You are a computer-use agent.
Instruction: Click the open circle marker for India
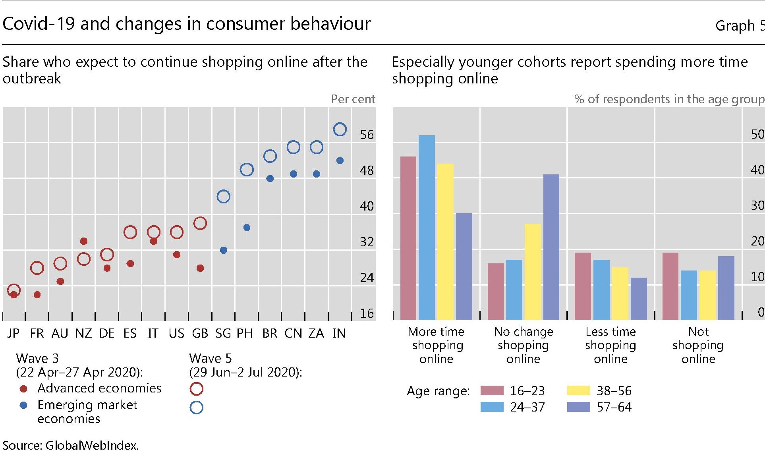340,129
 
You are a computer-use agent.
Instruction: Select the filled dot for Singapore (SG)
224,250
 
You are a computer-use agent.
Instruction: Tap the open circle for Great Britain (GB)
200,223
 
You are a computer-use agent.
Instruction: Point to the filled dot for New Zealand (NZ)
84,241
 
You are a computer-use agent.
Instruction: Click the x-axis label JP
14,333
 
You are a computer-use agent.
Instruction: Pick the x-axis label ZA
316,333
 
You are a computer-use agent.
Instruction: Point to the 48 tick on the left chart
367,170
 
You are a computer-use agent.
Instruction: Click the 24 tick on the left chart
367,278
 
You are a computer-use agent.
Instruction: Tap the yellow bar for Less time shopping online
620,293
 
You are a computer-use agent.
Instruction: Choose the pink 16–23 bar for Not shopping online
670,286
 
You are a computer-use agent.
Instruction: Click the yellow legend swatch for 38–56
578,390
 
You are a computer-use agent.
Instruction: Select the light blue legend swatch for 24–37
492,407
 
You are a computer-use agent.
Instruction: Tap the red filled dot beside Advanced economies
23,388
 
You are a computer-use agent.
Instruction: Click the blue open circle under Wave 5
197,408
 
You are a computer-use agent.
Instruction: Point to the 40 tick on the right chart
757,170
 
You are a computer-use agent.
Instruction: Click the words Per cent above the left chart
353,99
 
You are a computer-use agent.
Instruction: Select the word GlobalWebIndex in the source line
92,446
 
